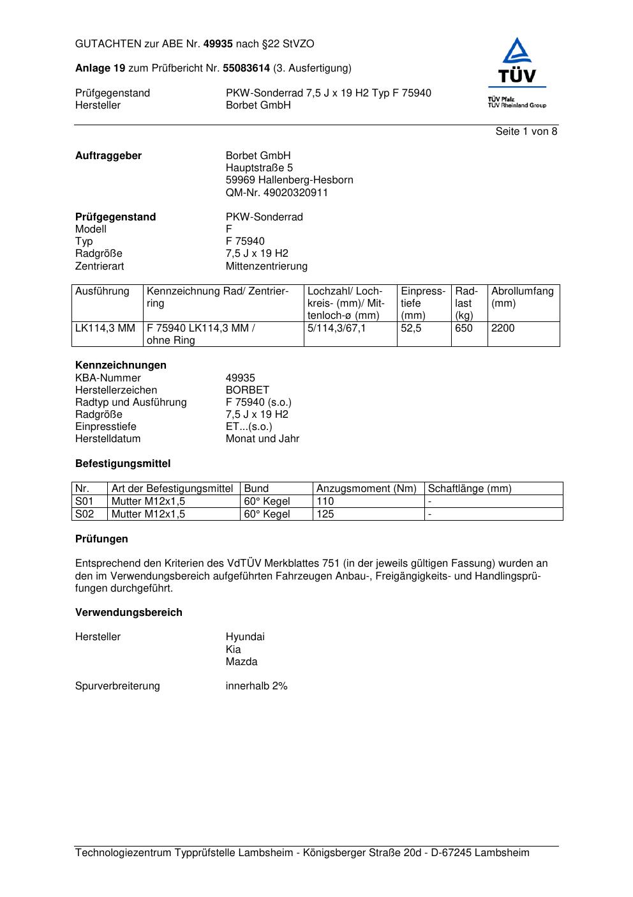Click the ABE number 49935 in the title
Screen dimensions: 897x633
click(218, 44)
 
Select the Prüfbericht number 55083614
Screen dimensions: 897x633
click(246, 68)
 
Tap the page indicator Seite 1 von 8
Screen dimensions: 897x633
click(526, 132)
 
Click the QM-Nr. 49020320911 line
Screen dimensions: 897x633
click(276, 192)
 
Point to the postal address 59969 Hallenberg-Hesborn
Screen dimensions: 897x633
click(289, 180)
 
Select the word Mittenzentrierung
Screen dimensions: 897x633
click(266, 266)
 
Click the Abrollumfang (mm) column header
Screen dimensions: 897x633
click(522, 297)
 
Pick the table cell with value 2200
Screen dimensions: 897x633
click(503, 328)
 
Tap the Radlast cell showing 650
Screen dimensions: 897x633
click(464, 328)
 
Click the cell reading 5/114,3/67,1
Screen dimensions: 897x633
click(336, 328)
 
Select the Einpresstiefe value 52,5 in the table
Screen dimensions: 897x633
click(411, 328)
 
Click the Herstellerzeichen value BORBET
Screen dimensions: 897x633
click(247, 390)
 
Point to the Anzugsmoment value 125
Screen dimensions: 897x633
click(325, 514)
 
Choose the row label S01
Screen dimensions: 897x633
click(84, 502)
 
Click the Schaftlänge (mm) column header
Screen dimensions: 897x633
click(470, 489)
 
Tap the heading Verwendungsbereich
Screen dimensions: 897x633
click(128, 612)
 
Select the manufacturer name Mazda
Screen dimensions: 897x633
click(241, 661)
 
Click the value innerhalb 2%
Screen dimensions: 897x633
click(256, 686)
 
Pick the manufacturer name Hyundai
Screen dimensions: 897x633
click(244, 636)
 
